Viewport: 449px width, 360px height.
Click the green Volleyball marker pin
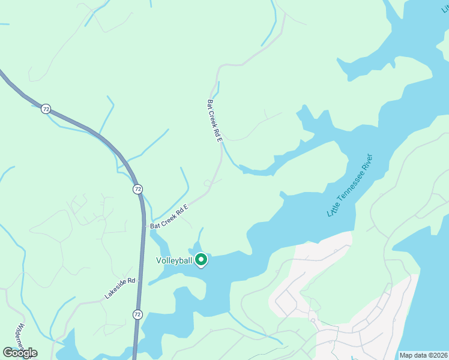[x=202, y=260]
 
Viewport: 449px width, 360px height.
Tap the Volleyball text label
[x=174, y=260]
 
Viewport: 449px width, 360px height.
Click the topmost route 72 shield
[x=46, y=109]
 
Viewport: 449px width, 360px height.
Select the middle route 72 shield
[x=138, y=189]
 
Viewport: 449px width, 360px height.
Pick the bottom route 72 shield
[x=137, y=314]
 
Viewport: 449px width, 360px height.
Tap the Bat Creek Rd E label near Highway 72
[x=169, y=217]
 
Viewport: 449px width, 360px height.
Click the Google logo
[x=20, y=353]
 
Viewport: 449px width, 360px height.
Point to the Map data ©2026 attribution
[x=422, y=355]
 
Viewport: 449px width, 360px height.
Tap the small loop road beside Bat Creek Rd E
[x=208, y=182]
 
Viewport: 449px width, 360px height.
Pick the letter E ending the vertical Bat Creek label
[x=220, y=139]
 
